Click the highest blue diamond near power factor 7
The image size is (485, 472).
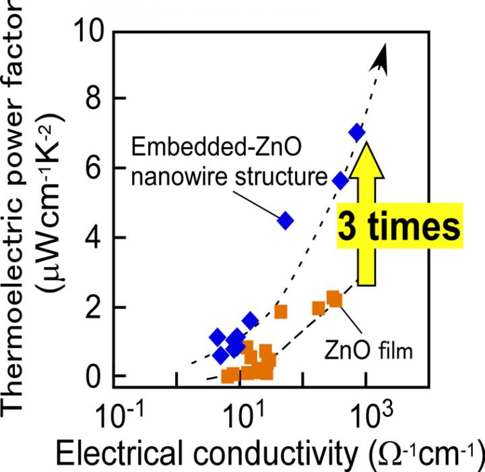[x=357, y=133]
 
